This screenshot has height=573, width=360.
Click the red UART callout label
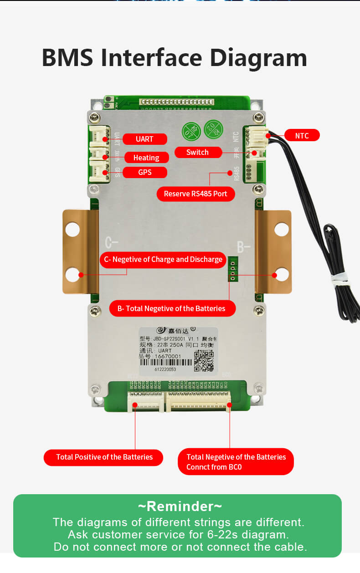pyautogui.click(x=144, y=139)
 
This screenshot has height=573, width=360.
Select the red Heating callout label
pyautogui.click(x=146, y=158)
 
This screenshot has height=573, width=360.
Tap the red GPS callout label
pyautogui.click(x=145, y=172)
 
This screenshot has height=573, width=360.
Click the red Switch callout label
pyautogui.click(x=197, y=152)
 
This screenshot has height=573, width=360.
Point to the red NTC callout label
pyautogui.click(x=302, y=135)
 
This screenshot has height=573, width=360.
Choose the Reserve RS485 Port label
pyautogui.click(x=195, y=194)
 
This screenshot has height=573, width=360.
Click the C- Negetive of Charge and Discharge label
pyautogui.click(x=163, y=260)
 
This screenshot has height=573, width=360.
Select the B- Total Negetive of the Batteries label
pyautogui.click(x=171, y=308)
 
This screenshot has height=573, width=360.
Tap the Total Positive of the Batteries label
pyautogui.click(x=104, y=457)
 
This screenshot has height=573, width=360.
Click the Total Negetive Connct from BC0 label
pyautogui.click(x=236, y=461)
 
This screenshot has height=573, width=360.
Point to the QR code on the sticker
pyautogui.click(x=204, y=361)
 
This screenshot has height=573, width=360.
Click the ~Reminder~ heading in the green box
pyautogui.click(x=180, y=506)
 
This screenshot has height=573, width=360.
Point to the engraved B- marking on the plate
pyautogui.click(x=244, y=247)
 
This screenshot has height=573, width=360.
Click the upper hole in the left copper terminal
pyautogui.click(x=72, y=229)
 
